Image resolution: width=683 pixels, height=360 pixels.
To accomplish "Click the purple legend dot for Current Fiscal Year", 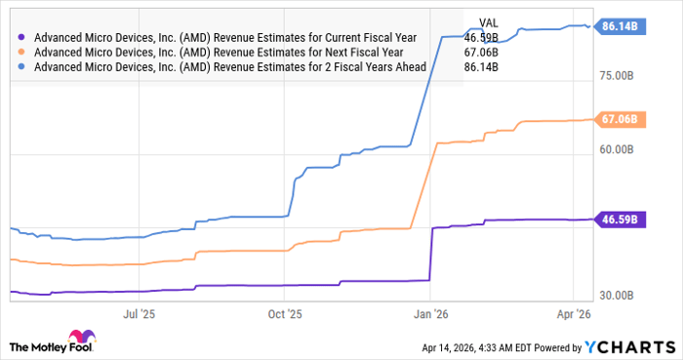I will [x=22, y=38].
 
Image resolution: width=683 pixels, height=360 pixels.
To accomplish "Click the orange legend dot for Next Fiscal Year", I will [x=22, y=53].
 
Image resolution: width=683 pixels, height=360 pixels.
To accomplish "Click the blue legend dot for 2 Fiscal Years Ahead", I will [x=22, y=67].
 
